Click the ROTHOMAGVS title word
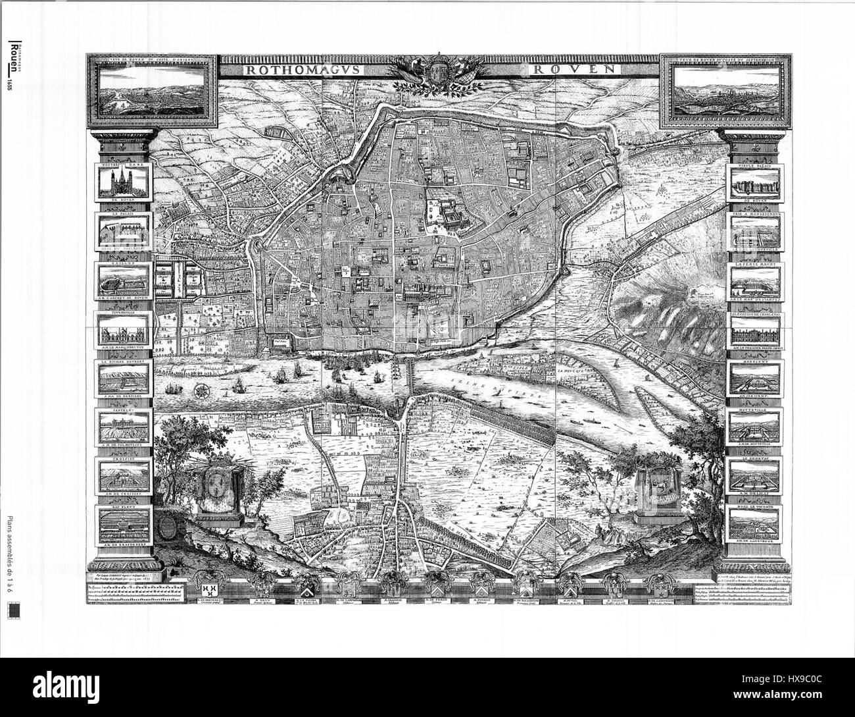point(287,68)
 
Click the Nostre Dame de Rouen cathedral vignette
point(125,182)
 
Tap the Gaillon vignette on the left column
point(125,282)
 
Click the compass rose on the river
point(201,388)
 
